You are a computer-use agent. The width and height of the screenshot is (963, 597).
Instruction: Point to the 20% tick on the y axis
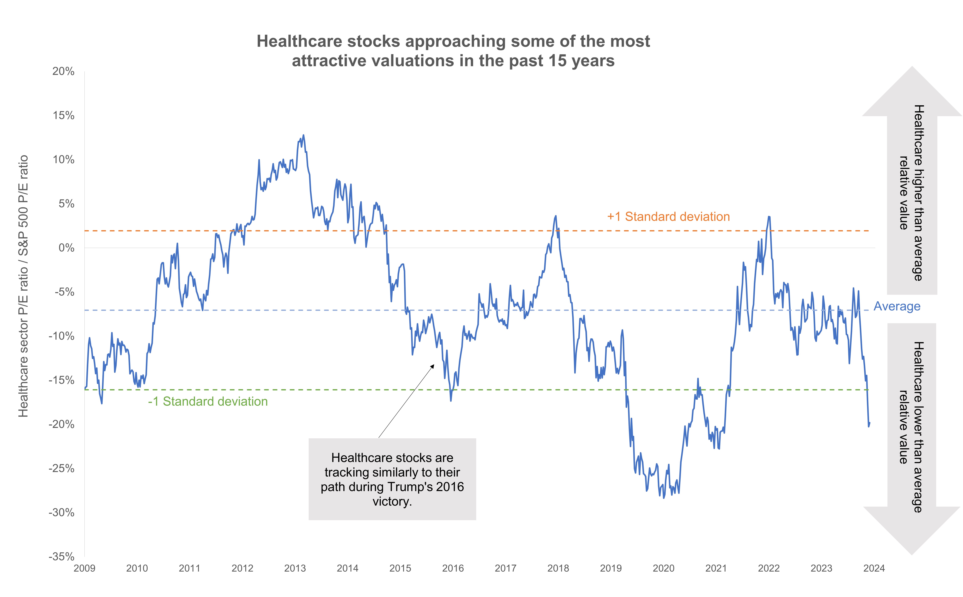(63, 71)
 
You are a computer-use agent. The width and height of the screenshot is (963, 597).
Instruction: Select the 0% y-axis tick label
(66, 248)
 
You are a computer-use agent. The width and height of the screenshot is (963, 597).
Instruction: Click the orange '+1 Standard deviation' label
(668, 217)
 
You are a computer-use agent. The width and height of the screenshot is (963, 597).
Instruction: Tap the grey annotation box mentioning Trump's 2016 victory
(392, 479)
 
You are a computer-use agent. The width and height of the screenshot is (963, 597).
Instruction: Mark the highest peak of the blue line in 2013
(303, 135)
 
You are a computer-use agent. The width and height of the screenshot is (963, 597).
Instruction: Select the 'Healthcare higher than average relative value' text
(911, 193)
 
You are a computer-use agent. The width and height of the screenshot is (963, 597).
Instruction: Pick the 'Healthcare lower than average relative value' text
(911, 427)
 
